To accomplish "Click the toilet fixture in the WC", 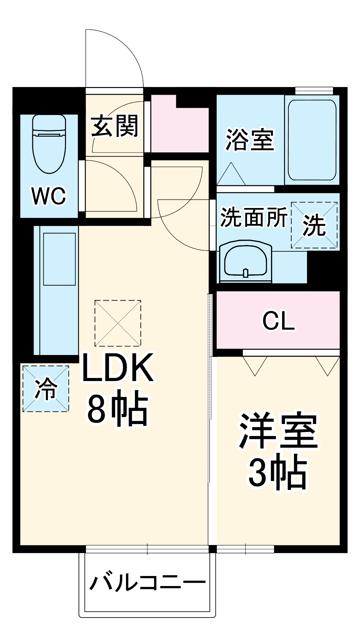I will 49,143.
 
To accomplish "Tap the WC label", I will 49,196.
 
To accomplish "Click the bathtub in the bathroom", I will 312,140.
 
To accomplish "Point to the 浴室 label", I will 250,139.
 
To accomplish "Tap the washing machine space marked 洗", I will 314,225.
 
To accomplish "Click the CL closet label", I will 278,321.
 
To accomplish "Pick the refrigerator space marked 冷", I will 46,389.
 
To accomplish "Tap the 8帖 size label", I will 117,410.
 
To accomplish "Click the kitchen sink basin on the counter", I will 59,259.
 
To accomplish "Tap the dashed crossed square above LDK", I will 118,323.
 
